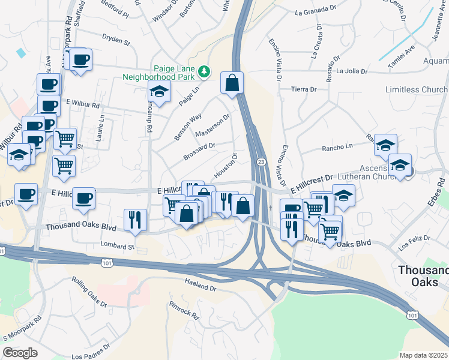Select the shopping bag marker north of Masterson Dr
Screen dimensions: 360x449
232,83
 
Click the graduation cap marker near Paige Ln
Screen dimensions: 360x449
160,91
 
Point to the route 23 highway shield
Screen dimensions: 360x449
261,162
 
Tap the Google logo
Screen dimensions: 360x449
20,353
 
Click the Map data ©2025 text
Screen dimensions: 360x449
423,355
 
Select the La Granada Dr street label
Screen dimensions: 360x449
316,11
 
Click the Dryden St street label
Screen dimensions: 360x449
116,42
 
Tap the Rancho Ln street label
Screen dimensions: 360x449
337,146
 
